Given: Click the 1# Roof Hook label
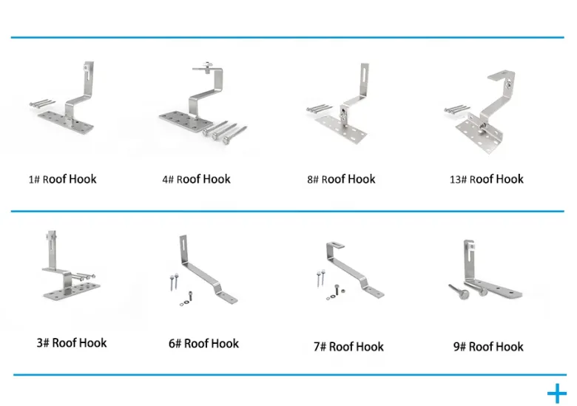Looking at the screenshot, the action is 63,179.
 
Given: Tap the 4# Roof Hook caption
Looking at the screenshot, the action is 197,179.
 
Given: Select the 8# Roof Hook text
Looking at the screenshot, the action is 341,179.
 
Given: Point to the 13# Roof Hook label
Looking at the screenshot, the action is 487,179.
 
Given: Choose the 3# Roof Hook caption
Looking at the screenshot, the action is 72,342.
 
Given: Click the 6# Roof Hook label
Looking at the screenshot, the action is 203,343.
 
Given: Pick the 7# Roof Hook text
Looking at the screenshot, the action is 348,346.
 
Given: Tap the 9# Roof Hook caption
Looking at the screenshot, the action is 488,346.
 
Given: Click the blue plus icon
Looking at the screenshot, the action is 557,393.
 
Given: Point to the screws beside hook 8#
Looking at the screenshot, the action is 317,109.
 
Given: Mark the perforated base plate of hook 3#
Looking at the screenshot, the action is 72,291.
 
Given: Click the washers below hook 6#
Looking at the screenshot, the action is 184,303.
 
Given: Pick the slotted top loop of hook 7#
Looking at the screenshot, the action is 335,246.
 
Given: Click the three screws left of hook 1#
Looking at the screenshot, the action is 42,104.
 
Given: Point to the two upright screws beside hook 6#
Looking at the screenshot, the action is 174,281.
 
